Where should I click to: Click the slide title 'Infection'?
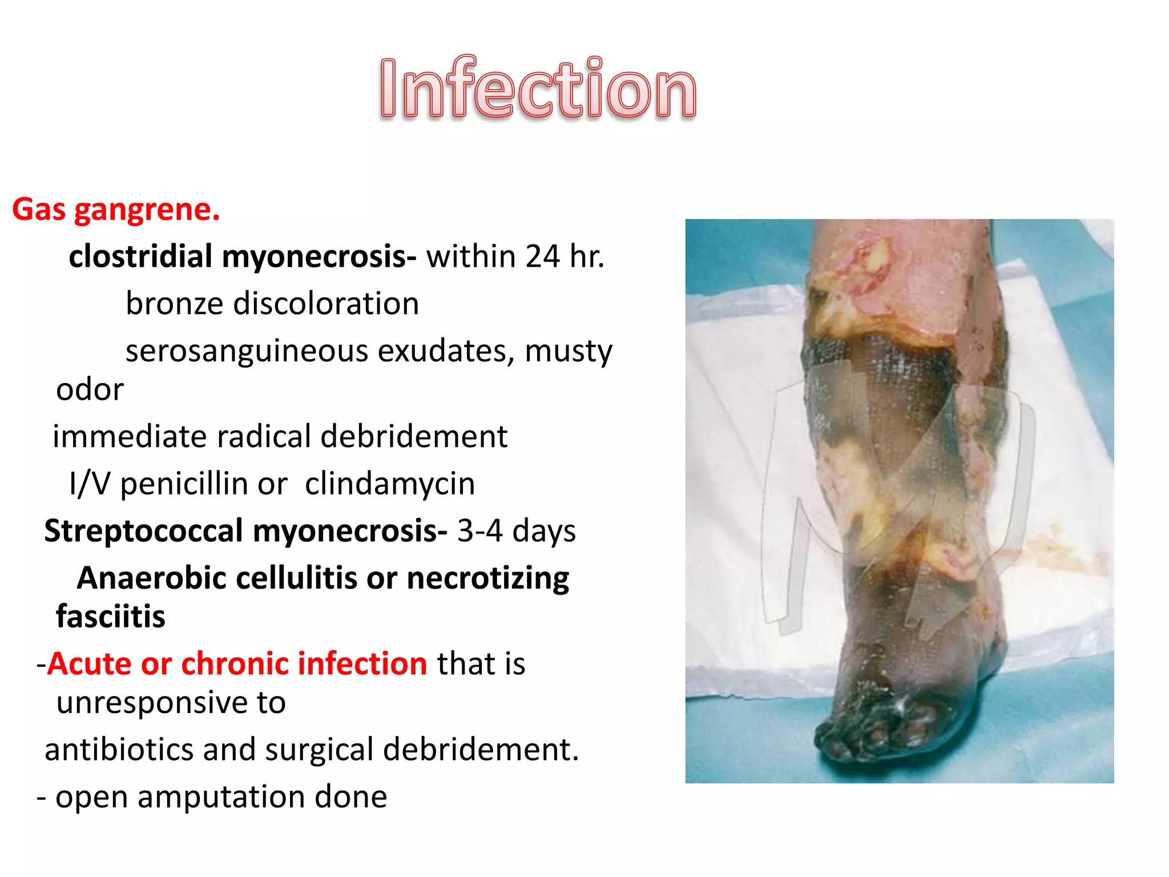click(538, 88)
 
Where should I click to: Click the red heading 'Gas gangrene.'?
click(116, 210)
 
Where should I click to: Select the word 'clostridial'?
click(140, 256)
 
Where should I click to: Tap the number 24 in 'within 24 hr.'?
click(542, 256)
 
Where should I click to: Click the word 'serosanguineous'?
click(247, 351)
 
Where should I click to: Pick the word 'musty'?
click(568, 352)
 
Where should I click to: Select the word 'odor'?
click(90, 390)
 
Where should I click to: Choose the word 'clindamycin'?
click(390, 484)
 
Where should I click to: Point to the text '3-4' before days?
click(479, 531)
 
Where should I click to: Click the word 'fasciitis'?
click(111, 617)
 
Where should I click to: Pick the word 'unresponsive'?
click(171, 702)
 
